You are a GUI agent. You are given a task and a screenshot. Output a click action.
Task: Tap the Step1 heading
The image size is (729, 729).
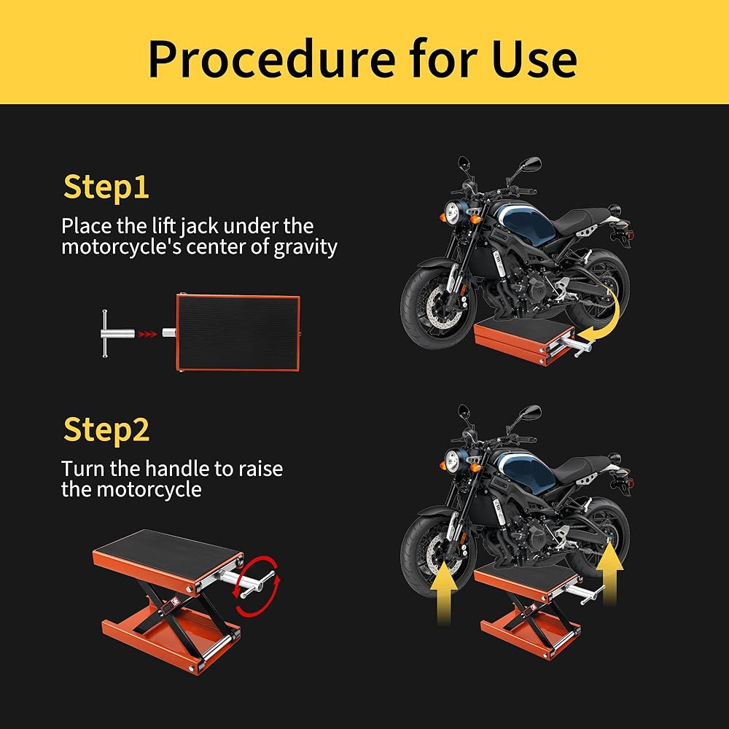[106, 187]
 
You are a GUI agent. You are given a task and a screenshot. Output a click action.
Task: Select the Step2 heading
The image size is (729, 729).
[106, 429]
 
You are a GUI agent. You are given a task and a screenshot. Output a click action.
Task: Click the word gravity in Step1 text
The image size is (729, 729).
[305, 247]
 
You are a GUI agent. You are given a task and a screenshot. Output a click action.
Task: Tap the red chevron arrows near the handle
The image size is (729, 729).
[147, 333]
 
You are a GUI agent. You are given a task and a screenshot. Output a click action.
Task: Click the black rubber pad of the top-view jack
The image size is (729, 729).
[236, 332]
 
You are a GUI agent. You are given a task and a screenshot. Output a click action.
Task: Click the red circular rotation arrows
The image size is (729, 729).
[258, 586]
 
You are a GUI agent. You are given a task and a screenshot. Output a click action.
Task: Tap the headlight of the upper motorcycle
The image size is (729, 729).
[452, 212]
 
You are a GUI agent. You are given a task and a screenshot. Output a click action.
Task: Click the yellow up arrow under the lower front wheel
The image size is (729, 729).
[444, 592]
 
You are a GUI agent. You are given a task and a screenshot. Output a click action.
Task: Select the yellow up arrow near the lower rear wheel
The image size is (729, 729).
[609, 574]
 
